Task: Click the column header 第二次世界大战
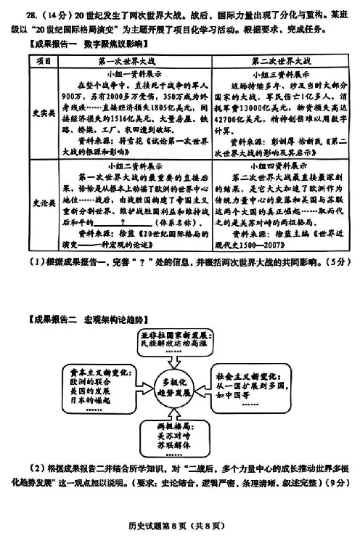click(x=271, y=60)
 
